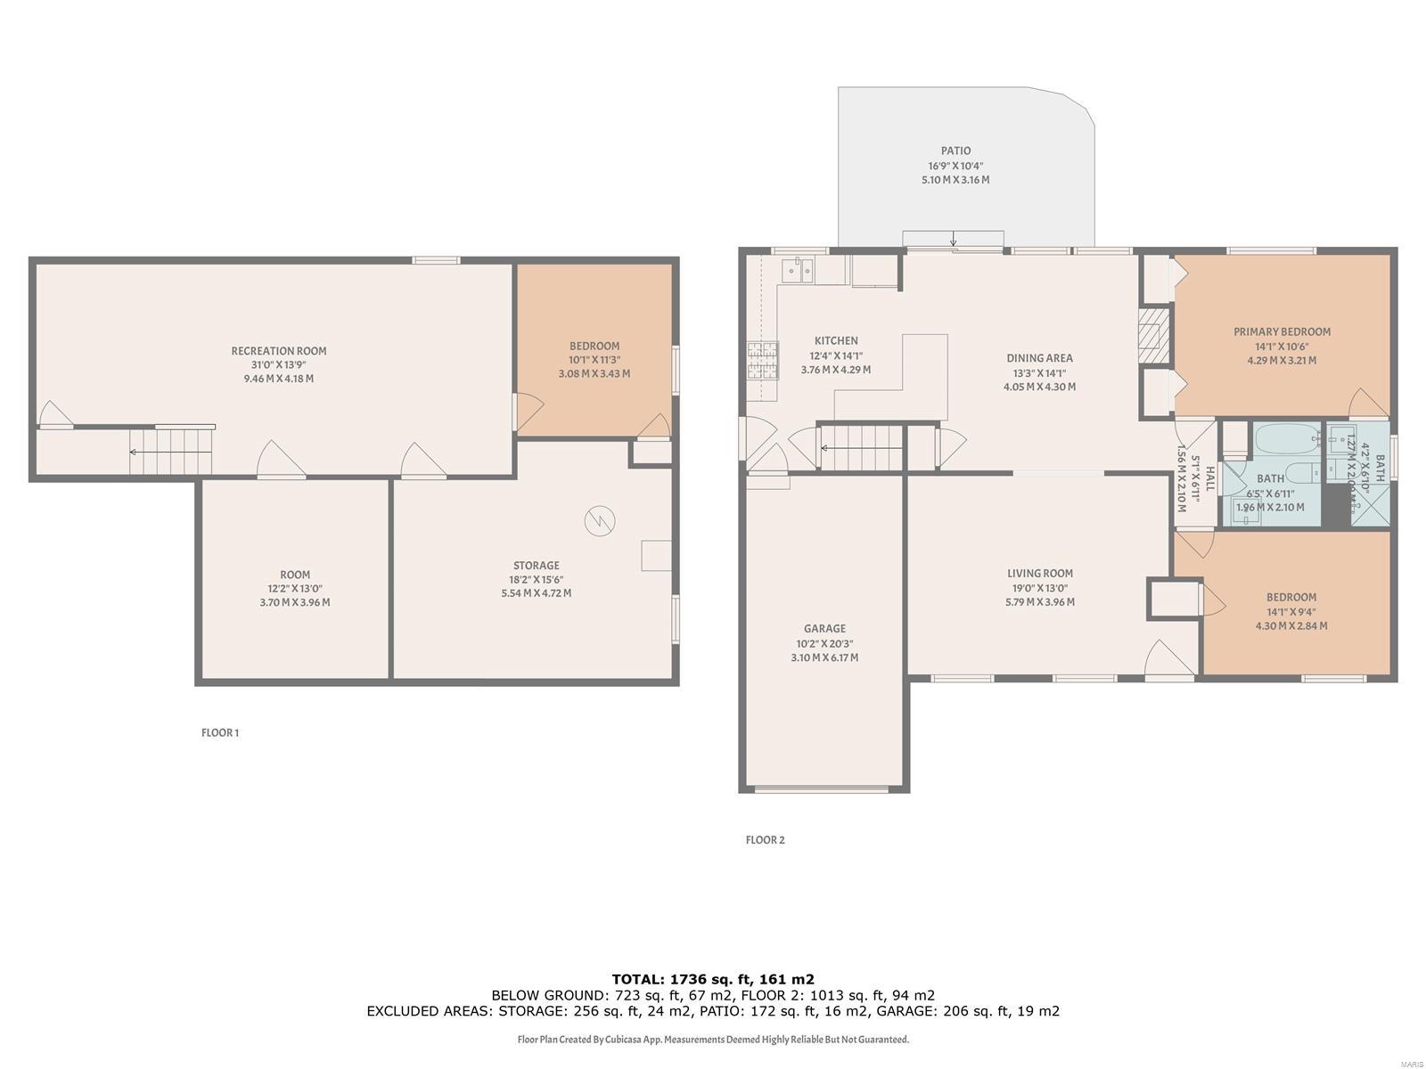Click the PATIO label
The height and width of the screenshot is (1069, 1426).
pos(955,151)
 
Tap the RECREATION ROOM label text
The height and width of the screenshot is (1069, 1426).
pos(279,351)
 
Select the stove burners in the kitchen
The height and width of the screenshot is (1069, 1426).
pos(762,361)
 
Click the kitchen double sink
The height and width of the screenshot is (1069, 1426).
pos(798,269)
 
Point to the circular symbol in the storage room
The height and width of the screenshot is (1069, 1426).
pos(600,521)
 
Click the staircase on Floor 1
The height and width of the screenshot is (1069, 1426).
pos(172,452)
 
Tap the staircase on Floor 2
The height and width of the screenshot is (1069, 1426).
pos(861,447)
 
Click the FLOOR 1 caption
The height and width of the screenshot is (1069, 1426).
pos(220,733)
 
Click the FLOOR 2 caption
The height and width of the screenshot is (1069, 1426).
pos(765,840)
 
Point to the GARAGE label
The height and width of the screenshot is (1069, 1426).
pos(824,629)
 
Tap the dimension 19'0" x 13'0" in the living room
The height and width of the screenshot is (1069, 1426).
pos(1040,588)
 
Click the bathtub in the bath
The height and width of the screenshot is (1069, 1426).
pos(1289,440)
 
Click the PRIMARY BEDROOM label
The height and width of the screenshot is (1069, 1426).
pos(1282,331)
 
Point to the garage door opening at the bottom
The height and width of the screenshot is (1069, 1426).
pos(822,788)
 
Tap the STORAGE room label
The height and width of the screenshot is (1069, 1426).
pos(536,566)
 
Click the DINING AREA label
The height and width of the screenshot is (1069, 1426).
pos(1039,358)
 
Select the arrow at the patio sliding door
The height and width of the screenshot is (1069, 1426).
pos(954,239)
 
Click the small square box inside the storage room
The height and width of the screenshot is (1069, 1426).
pos(656,555)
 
